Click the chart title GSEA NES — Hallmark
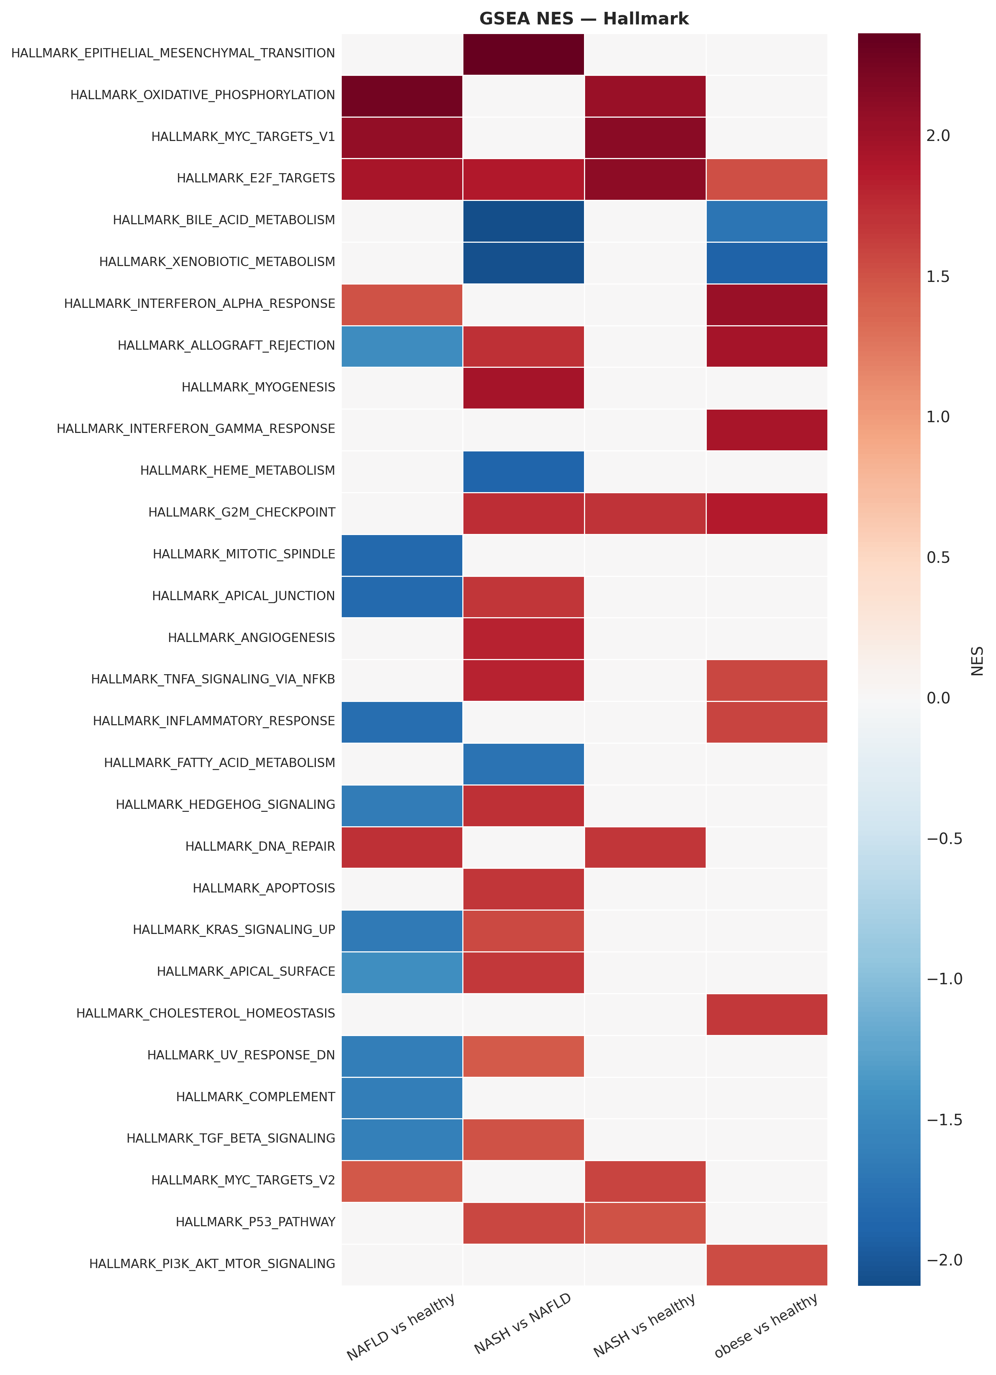click(583, 19)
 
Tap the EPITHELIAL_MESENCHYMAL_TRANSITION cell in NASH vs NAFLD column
click(523, 54)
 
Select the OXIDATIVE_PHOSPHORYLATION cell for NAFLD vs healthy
click(402, 96)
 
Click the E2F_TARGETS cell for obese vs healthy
click(766, 179)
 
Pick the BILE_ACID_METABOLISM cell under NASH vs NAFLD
click(523, 221)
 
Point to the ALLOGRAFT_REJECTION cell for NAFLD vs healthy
click(402, 346)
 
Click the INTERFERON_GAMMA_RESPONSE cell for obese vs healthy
click(766, 429)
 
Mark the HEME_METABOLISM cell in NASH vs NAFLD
click(523, 471)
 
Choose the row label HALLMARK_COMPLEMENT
click(255, 1097)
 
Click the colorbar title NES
click(977, 661)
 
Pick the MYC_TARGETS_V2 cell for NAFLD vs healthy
click(402, 1180)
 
